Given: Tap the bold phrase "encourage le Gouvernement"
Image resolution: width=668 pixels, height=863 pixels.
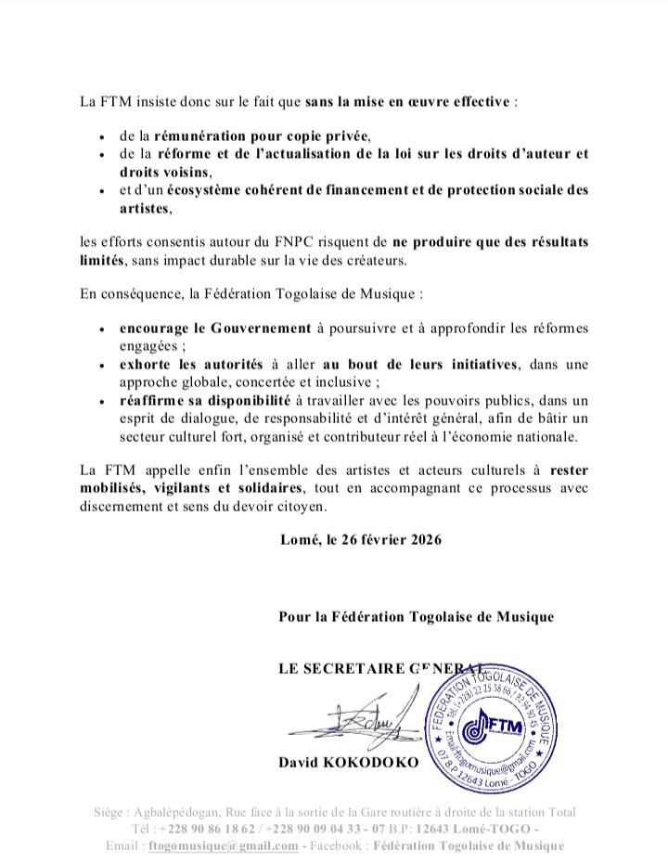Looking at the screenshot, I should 214,328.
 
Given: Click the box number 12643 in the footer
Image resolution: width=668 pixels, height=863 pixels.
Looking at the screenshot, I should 446,829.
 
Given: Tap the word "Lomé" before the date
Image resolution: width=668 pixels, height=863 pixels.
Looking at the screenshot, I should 298,538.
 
